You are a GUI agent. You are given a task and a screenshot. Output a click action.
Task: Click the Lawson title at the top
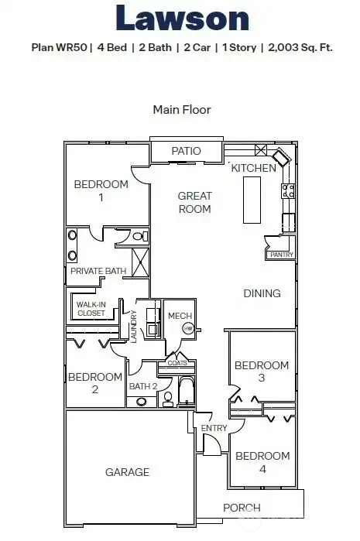pos(181,19)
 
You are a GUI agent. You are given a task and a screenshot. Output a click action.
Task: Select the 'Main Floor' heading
pos(181,109)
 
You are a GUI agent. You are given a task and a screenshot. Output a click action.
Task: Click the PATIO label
pos(186,151)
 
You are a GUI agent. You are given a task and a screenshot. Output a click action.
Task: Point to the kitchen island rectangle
pos(252,200)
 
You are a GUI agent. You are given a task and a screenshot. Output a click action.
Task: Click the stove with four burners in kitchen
pos(288,188)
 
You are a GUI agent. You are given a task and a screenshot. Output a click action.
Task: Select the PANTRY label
pos(280,255)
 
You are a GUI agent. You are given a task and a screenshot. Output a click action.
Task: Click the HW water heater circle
pos(187,328)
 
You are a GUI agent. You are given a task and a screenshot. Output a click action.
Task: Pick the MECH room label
pos(180,316)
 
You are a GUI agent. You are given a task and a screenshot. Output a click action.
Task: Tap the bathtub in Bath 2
pos(187,392)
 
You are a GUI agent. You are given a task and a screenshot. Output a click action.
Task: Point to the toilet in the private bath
pos(139,237)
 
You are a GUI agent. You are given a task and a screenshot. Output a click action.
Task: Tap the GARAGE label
pos(127,471)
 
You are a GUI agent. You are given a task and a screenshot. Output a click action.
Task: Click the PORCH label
pos(242,508)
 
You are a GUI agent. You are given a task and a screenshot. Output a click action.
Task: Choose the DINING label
pos(262,293)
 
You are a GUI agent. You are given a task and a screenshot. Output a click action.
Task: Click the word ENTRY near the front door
pos(214,428)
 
